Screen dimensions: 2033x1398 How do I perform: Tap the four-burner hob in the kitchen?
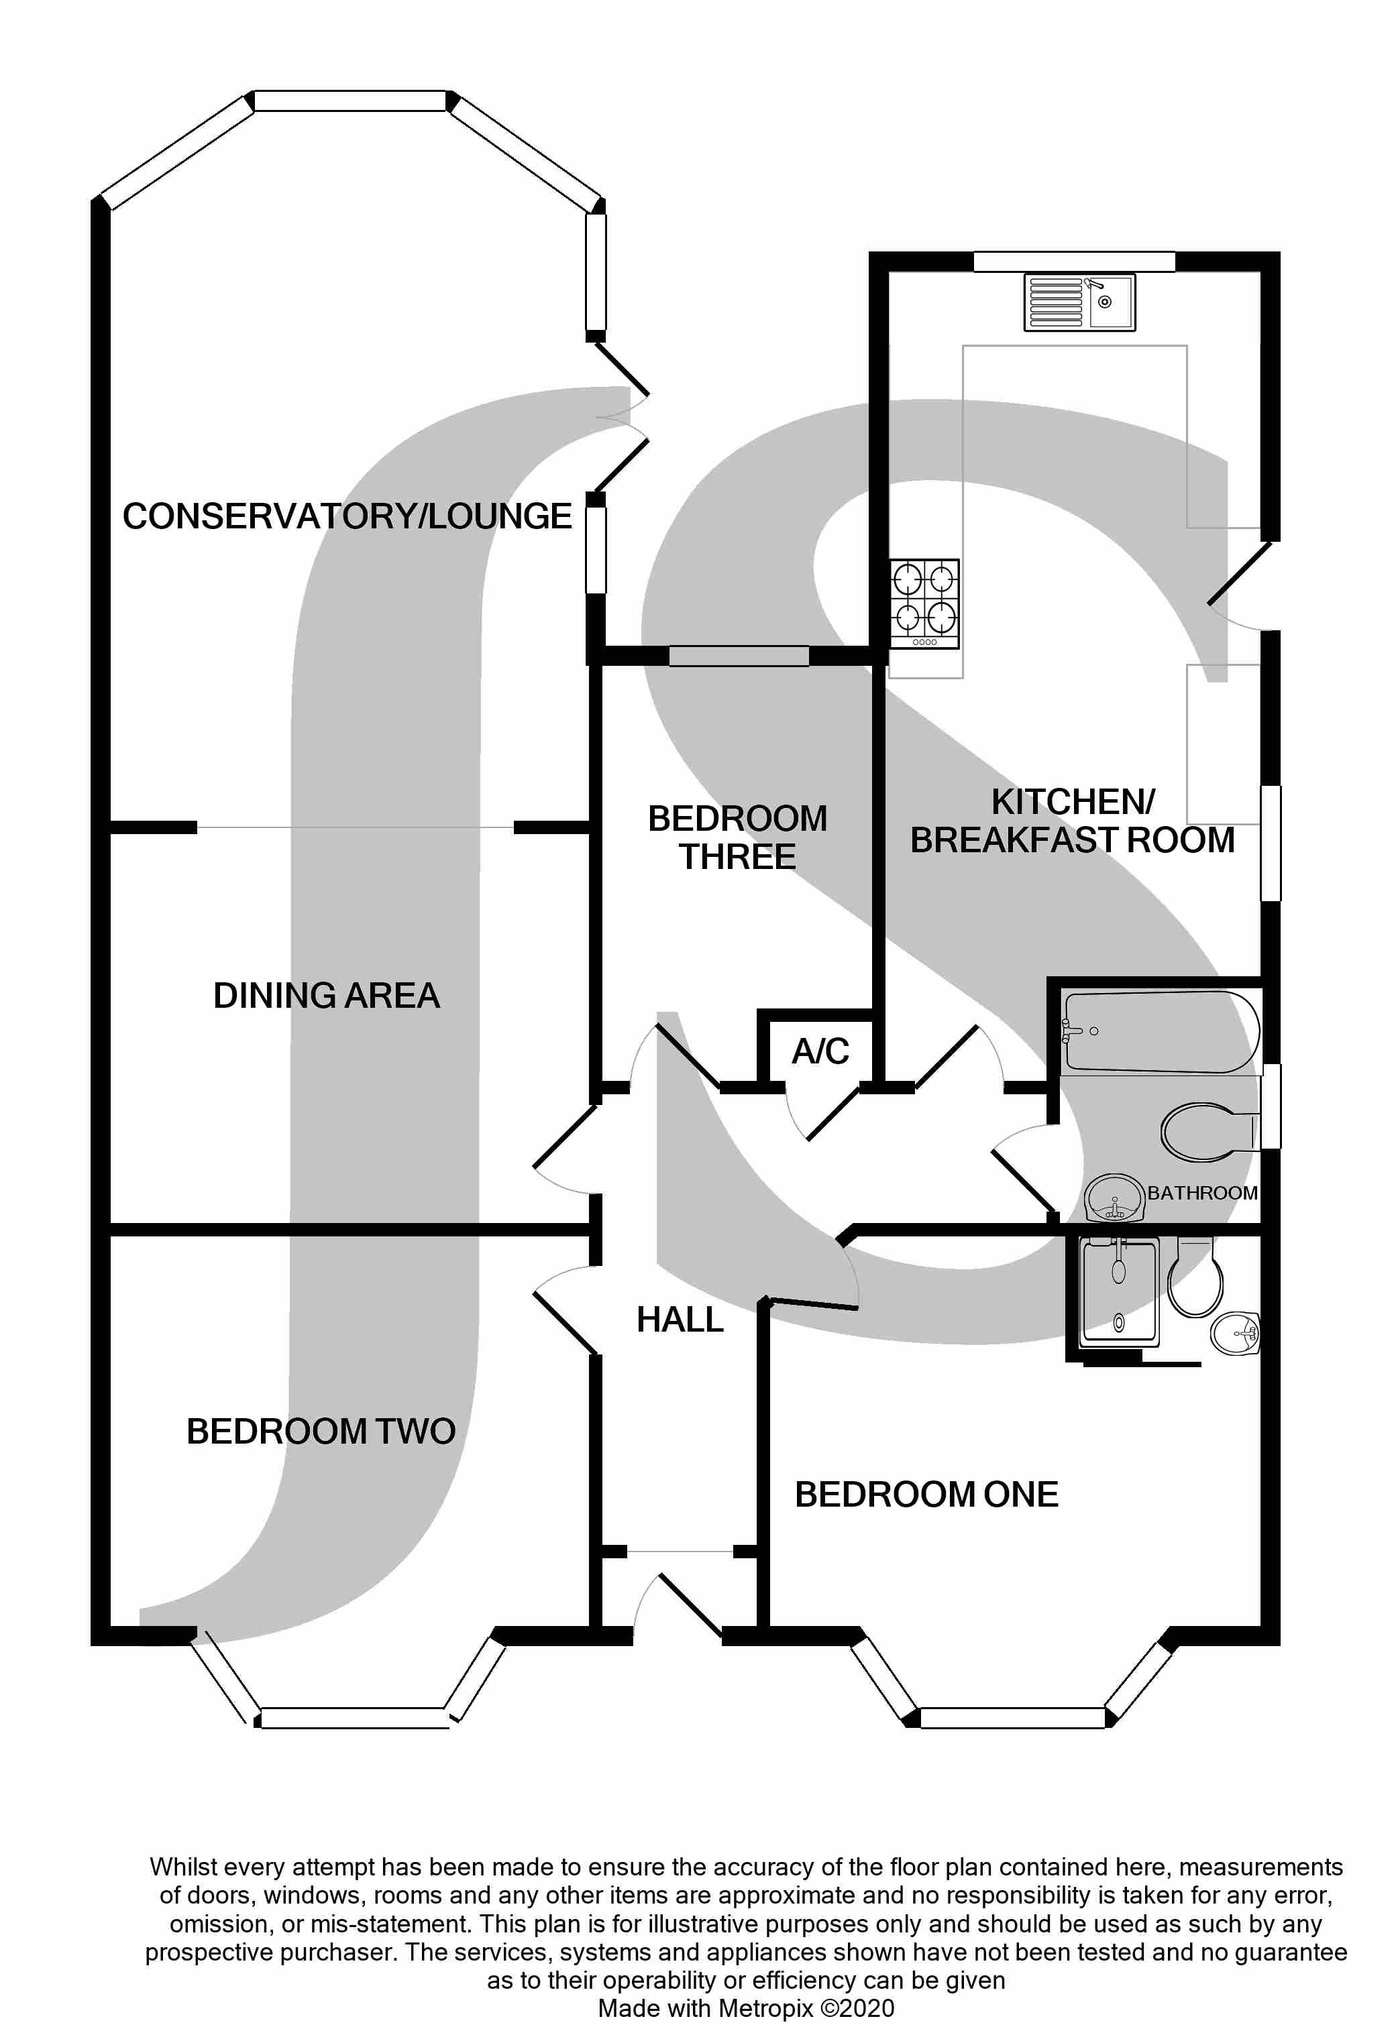tap(924, 603)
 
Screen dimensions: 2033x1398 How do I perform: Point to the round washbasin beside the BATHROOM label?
tap(1114, 1197)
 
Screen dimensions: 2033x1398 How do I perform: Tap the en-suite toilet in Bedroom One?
tap(1195, 1280)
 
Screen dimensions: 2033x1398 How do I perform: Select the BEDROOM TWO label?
tap(321, 1432)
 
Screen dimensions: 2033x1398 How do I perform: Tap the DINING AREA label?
tap(326, 996)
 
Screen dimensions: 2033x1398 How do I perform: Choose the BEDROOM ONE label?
tap(926, 1495)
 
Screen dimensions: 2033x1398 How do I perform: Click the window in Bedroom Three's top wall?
tap(739, 656)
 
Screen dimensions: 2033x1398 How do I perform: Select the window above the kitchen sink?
tap(1073, 261)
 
